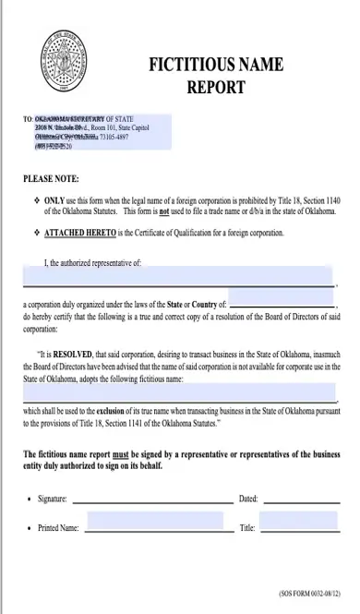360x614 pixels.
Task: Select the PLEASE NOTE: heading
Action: [x=51, y=178]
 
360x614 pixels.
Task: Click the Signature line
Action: [x=152, y=500]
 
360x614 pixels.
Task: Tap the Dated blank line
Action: [x=300, y=500]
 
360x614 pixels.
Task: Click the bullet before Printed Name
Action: [x=30, y=528]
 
